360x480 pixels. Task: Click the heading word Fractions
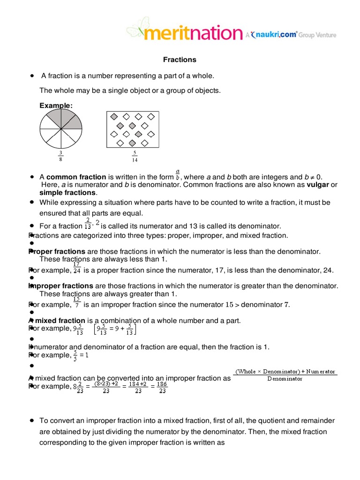[180, 60]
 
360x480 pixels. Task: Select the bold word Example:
[56, 106]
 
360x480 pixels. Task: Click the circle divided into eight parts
[60, 128]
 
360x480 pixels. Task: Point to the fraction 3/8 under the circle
[60, 156]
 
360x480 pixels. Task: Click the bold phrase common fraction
[76, 177]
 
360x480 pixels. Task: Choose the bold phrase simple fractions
[67, 193]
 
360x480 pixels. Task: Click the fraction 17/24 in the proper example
[77, 267]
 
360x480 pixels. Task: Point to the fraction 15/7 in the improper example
[77, 302]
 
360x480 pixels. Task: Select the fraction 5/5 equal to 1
[75, 355]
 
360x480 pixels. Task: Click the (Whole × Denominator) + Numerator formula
[285, 375]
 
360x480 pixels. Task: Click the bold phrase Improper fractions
[61, 286]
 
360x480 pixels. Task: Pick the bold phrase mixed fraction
[60, 321]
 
